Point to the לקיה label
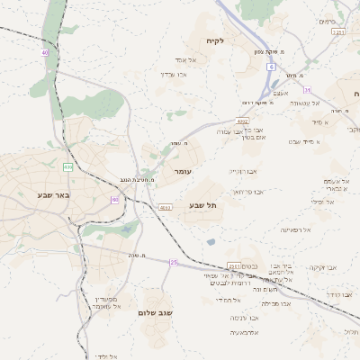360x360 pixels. [x=213, y=40]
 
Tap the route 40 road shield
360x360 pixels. [x=44, y=52]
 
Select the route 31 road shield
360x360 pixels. [x=307, y=90]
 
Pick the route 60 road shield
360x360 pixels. [x=115, y=199]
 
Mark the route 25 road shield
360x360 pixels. [x=174, y=262]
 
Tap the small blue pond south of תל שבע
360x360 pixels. [x=211, y=241]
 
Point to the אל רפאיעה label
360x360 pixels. [x=294, y=229]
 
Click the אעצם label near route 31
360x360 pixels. [x=280, y=93]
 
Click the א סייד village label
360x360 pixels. [x=321, y=121]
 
